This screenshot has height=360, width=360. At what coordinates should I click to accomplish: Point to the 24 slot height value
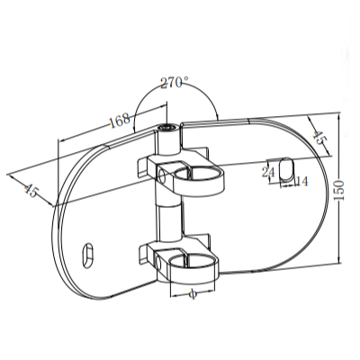click(x=267, y=172)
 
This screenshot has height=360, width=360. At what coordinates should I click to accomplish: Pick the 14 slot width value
click(x=301, y=182)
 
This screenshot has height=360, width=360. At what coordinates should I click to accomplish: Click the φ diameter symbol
click(x=193, y=292)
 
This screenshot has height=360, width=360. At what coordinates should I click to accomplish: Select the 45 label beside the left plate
click(x=30, y=190)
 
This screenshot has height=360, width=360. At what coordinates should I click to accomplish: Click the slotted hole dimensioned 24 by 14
click(x=285, y=169)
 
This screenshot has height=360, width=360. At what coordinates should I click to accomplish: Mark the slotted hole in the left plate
click(x=89, y=255)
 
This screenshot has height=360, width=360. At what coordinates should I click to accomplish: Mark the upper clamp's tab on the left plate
click(x=145, y=166)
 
